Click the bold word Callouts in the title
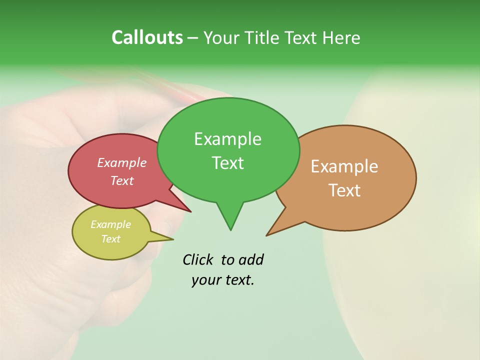[x=147, y=37]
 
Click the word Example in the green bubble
[x=227, y=139]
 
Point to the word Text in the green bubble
[x=227, y=163]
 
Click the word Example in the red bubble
[x=121, y=162]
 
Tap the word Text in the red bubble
[x=121, y=180]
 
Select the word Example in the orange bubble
[x=344, y=166]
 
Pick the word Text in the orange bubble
[x=344, y=190]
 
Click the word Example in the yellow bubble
[x=110, y=224]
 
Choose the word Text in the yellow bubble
[x=110, y=239]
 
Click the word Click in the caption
[x=198, y=259]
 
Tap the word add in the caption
[x=250, y=259]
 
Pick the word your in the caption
[x=205, y=280]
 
